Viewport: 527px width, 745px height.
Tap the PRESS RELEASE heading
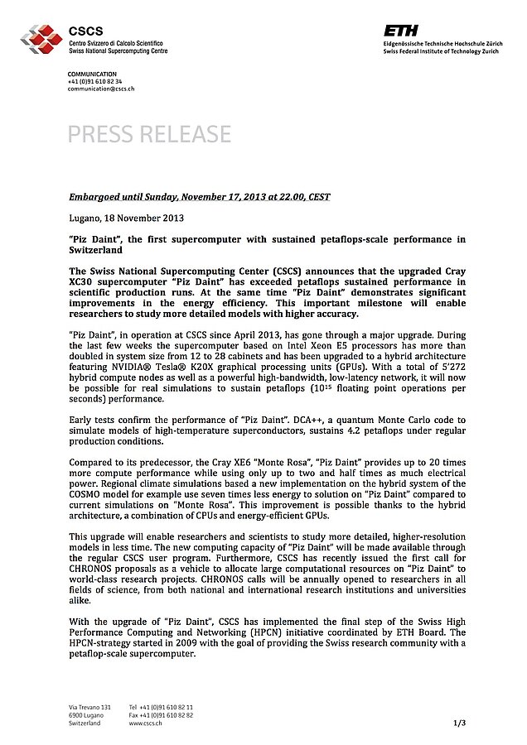[149, 134]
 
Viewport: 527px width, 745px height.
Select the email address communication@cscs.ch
[100, 89]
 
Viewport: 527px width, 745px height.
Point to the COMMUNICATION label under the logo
[92, 74]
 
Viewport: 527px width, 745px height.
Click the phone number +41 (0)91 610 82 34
[94, 82]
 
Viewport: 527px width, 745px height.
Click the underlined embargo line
[200, 197]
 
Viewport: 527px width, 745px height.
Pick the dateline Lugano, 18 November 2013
[126, 219]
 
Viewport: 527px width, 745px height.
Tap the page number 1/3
[459, 723]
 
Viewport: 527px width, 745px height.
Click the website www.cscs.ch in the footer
[145, 723]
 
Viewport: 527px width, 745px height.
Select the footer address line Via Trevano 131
[89, 707]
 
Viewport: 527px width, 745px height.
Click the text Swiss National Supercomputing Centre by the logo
[118, 50]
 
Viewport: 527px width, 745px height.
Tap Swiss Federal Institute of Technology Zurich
[441, 51]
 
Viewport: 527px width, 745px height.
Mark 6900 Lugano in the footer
[86, 714]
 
